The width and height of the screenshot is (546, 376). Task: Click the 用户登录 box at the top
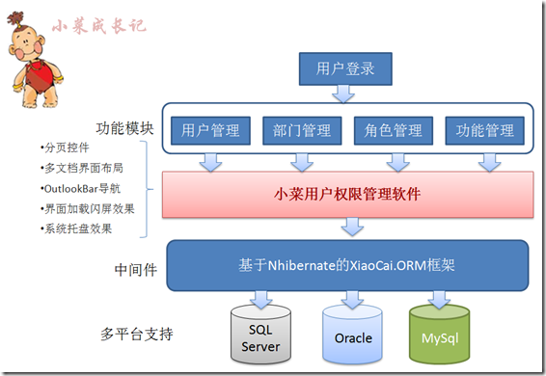tap(345, 69)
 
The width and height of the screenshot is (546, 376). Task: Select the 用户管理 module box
tap(210, 130)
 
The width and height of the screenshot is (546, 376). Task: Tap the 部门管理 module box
tap(302, 130)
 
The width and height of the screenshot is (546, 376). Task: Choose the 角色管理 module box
tap(394, 130)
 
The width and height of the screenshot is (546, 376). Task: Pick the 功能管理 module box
tap(484, 130)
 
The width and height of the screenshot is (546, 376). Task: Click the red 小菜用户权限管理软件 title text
tap(347, 195)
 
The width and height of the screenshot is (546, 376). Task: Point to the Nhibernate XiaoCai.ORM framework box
tap(347, 265)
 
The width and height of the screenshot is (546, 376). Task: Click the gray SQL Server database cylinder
tap(260, 335)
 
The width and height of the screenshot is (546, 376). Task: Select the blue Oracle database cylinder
tap(352, 335)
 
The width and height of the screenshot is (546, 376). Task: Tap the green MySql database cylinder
tap(440, 335)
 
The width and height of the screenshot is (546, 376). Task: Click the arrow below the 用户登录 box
tap(343, 94)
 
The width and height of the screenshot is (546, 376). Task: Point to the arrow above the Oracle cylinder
tap(352, 300)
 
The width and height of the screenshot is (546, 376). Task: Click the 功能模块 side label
tap(124, 128)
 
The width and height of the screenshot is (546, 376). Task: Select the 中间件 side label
tap(136, 270)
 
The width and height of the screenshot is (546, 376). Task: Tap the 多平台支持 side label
tap(137, 334)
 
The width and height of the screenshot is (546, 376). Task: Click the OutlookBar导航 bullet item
tap(81, 189)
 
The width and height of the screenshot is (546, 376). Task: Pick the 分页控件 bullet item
tap(66, 148)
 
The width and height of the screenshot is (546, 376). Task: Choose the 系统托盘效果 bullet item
tap(76, 228)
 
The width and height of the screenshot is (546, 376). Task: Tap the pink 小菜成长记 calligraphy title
tap(99, 26)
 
